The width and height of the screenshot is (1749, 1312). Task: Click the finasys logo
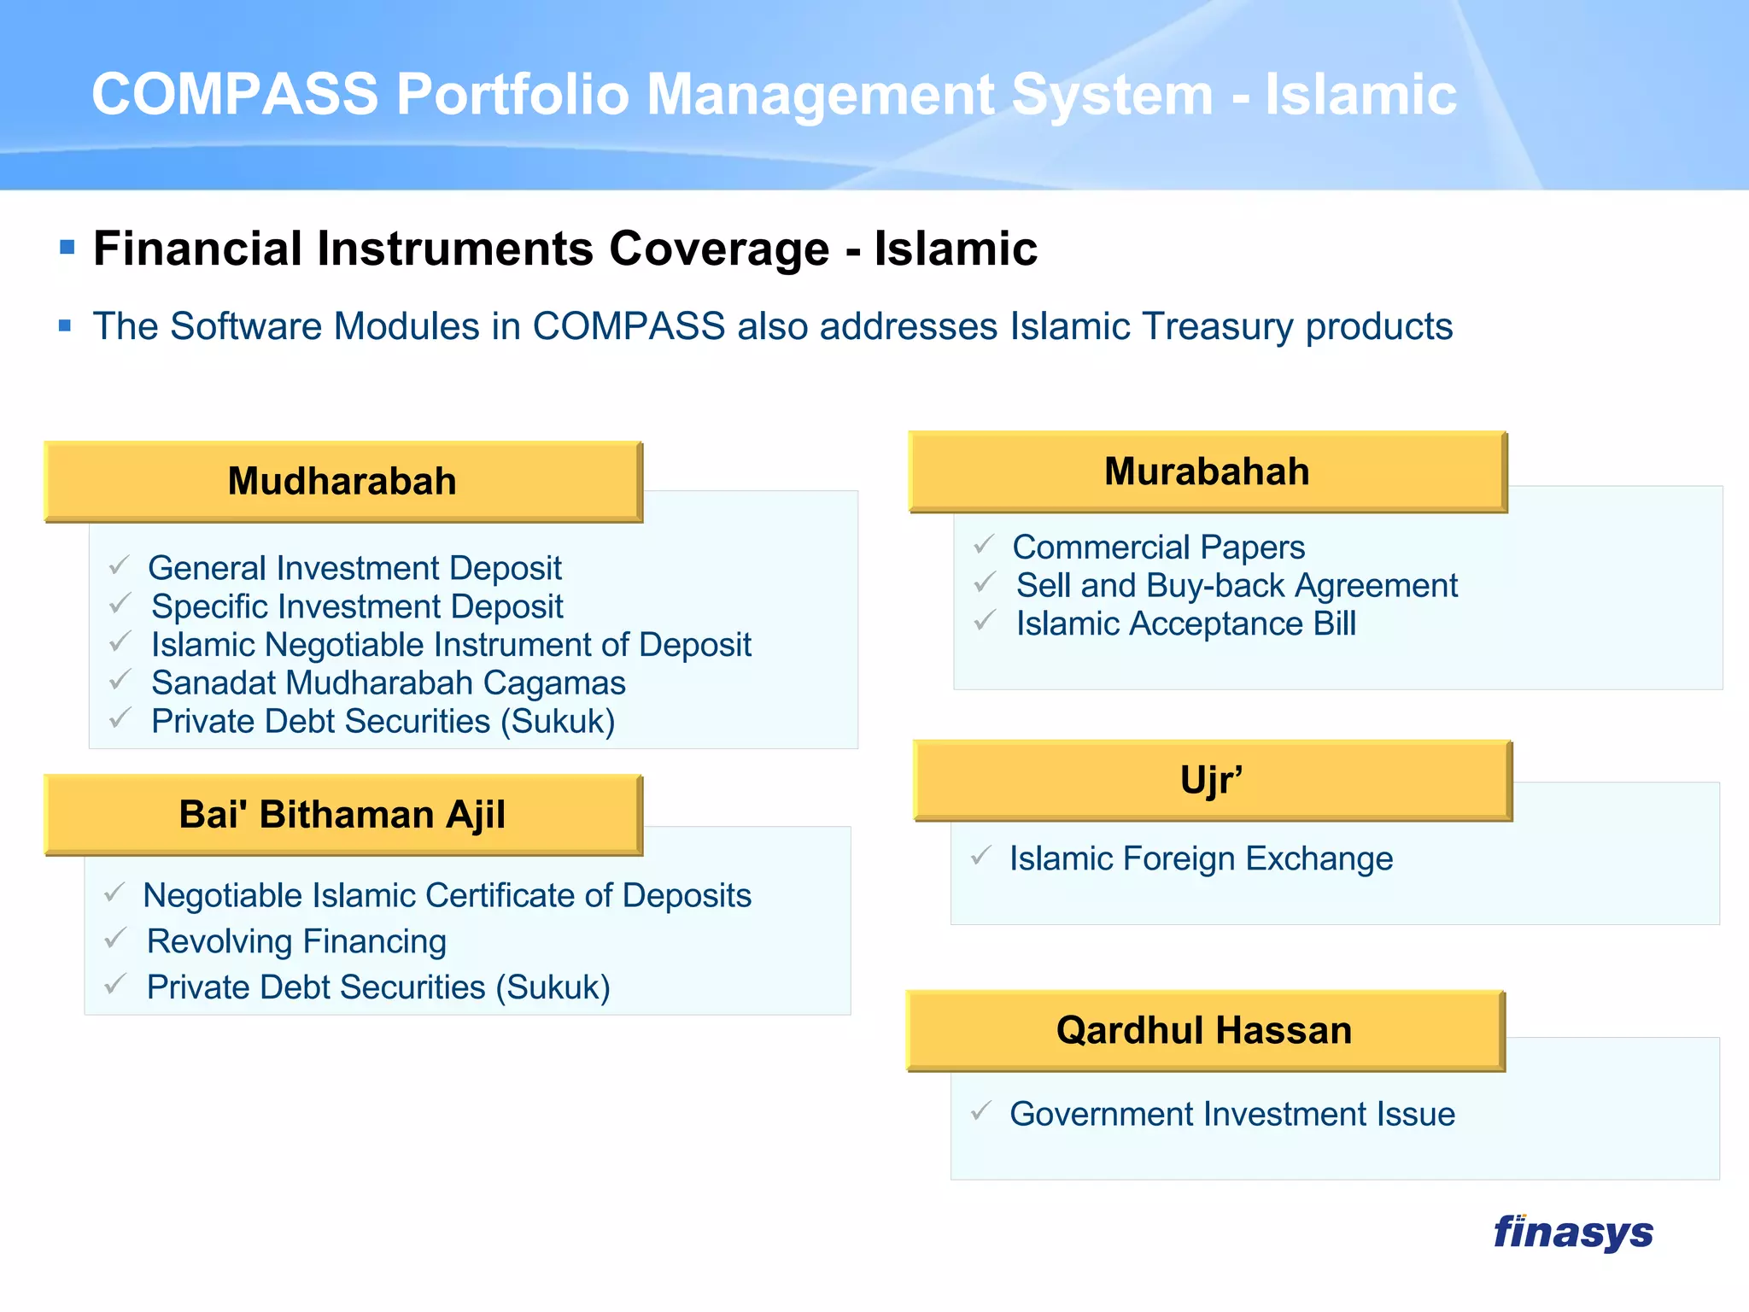1573,1233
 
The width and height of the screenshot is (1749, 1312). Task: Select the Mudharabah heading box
342,481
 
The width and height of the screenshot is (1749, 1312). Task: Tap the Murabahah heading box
1207,471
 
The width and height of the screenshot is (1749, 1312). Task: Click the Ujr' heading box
1211,780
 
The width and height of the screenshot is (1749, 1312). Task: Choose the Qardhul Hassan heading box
1204,1030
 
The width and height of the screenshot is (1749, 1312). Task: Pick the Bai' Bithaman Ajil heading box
342,814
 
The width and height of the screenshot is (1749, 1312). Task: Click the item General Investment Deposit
354,568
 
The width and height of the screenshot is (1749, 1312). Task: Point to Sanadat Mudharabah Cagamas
388,683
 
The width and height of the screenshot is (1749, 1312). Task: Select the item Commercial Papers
1158,548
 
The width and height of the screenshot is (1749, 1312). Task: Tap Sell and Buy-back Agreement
1236,586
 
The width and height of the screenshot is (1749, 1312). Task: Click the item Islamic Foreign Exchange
1200,858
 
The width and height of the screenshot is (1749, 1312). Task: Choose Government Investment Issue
1231,1114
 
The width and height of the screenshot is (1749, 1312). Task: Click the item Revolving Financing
296,941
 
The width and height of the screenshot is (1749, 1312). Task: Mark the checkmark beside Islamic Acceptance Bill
985,621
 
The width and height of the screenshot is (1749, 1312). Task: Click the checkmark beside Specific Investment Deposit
120,604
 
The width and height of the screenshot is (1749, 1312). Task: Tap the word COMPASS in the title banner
235,94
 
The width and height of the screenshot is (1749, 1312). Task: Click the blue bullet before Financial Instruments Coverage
67,249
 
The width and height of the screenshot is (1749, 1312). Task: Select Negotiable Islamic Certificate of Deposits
447,895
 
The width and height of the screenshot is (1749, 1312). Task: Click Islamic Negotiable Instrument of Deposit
450,645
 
